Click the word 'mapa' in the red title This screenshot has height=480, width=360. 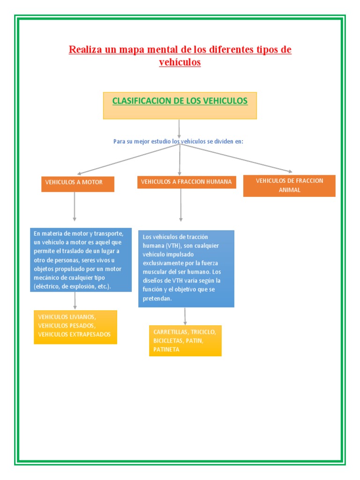[133, 50]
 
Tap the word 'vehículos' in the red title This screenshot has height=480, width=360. [180, 62]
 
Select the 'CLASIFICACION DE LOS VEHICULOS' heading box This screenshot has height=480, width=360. [180, 105]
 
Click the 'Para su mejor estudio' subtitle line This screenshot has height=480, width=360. [179, 141]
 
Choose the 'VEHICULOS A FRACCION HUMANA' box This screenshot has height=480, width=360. [187, 182]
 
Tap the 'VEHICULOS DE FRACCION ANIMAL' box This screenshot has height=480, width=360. [289, 186]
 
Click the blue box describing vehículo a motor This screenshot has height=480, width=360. [81, 260]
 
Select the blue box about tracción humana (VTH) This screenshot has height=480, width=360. [186, 268]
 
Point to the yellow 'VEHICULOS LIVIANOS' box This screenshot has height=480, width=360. [75, 327]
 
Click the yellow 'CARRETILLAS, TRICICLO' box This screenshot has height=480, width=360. [185, 340]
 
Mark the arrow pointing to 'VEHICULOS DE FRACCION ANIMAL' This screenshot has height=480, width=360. [237, 158]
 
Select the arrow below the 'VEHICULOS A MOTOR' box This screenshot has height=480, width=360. [75, 206]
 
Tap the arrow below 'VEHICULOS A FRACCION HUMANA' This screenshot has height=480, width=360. [181, 205]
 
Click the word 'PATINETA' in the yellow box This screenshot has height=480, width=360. [166, 350]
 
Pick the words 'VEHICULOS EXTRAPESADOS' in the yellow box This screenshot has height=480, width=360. [75, 335]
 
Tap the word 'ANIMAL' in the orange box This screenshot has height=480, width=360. [289, 190]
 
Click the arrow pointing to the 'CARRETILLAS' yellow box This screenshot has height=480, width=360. [185, 316]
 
